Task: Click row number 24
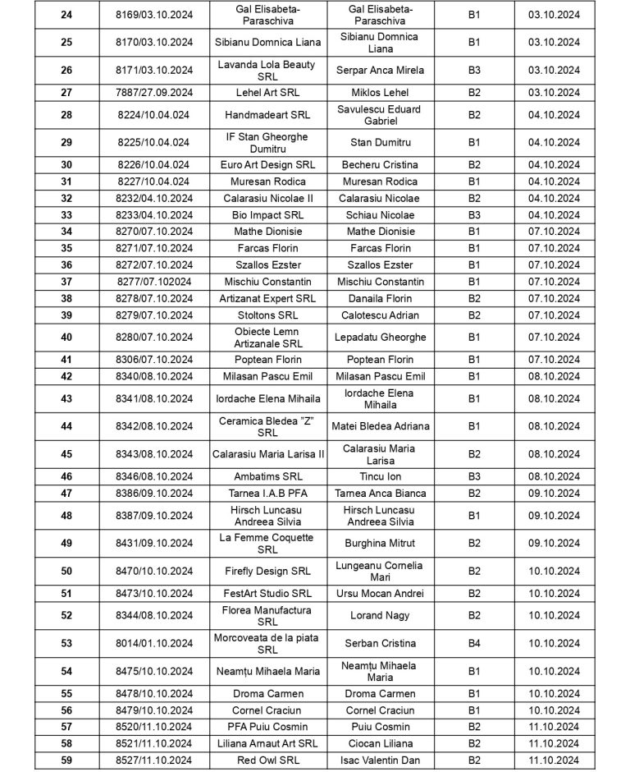[66, 15]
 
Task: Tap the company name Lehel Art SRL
[265, 93]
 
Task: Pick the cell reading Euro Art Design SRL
[265, 165]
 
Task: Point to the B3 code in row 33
[474, 215]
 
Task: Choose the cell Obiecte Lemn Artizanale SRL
[265, 338]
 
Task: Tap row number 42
[66, 376]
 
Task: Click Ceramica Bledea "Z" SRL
[265, 426]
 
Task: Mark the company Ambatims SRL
[265, 476]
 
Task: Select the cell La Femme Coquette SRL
[265, 543]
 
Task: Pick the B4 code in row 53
[474, 643]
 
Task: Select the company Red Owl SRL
[265, 760]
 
